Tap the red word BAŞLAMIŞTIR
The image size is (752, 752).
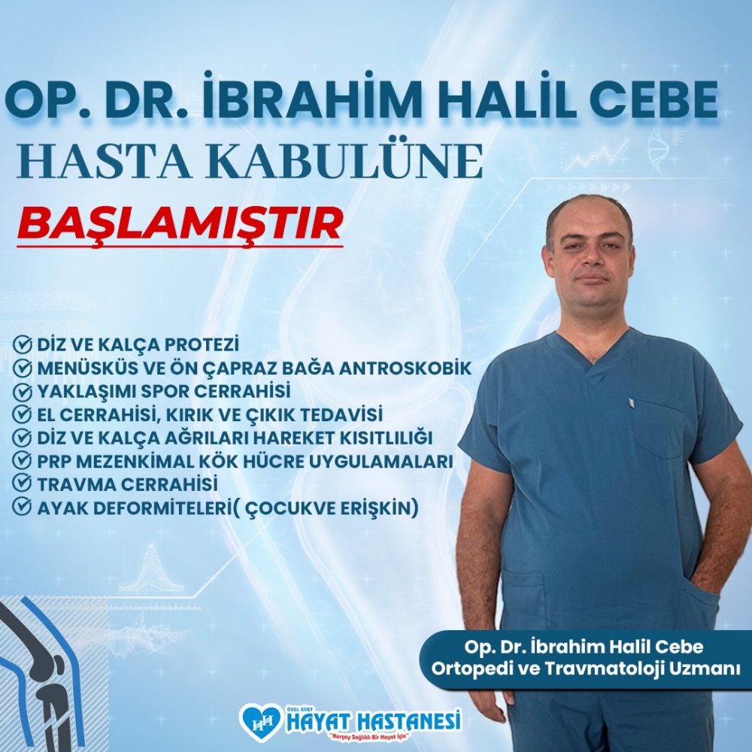tap(180, 224)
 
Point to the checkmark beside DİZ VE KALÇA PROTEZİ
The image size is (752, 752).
tap(22, 344)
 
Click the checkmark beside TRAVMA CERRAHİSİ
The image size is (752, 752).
tap(22, 483)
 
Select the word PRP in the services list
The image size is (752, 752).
tap(54, 461)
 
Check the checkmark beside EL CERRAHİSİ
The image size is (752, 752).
tap(22, 414)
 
